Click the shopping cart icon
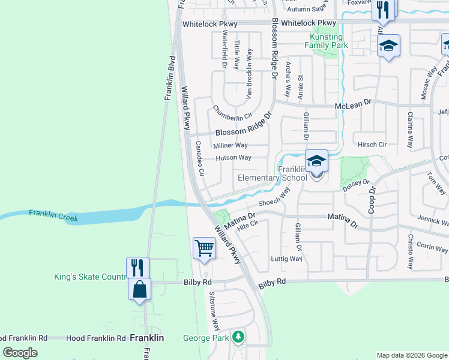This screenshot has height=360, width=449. click(204, 247)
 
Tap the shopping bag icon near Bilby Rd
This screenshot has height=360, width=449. click(139, 289)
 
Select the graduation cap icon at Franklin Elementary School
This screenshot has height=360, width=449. click(316, 161)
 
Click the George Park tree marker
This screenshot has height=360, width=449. click(239, 337)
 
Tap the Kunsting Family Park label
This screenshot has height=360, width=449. click(326, 41)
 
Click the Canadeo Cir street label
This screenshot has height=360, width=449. click(200, 158)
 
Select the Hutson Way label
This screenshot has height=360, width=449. click(233, 158)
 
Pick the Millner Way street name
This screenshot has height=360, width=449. click(230, 145)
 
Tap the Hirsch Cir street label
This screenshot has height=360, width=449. click(372, 145)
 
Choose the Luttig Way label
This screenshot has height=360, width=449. click(287, 259)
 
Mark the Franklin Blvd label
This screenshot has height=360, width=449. click(170, 77)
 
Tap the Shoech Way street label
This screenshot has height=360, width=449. click(274, 199)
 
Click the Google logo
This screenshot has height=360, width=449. click(20, 352)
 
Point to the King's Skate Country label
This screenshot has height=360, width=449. click(89, 277)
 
